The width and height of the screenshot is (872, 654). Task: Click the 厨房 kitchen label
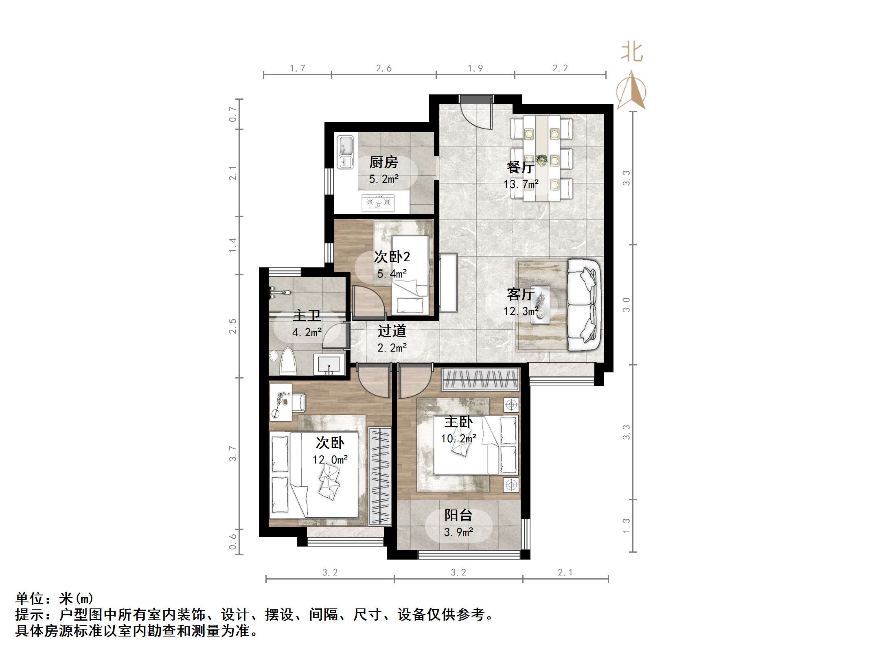pos(383,162)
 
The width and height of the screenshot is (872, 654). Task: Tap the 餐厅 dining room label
pos(521,167)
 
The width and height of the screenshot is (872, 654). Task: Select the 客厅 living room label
pos(521,294)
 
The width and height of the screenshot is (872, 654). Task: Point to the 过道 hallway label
pos(392,331)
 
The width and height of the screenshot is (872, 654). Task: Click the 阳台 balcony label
pos(458,515)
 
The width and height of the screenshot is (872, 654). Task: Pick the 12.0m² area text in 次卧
pos(330,460)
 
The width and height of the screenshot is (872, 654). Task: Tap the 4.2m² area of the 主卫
pos(307,332)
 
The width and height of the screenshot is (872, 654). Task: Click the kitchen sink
pos(346,151)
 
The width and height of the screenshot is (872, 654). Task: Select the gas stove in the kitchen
pos(378,203)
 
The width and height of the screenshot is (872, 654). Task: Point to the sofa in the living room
pos(584,305)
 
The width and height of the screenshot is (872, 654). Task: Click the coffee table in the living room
pos(541,305)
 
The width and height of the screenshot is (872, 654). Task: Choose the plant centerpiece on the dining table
pos(541,160)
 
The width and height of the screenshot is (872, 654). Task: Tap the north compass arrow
pos(631,90)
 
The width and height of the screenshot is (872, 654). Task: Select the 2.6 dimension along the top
pos(383,68)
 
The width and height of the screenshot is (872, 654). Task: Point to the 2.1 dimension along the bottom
pos(565,573)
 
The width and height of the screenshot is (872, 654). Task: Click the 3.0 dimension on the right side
pos(626,305)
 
